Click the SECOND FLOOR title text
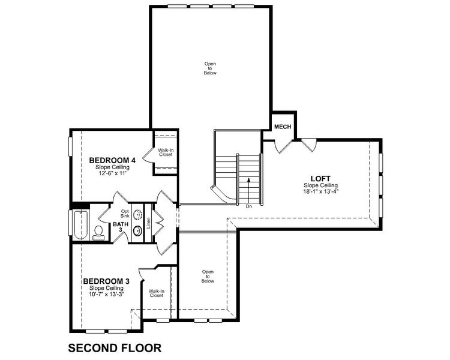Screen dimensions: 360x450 pos(115,347)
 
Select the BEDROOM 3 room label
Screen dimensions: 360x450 pos(106,281)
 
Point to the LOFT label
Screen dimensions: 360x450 pos(320,178)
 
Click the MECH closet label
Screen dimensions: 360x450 pos(283,127)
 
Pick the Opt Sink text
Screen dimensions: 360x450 pos(125,214)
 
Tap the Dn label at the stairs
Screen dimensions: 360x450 pos(248,206)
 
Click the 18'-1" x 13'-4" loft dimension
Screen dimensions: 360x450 pos(321,192)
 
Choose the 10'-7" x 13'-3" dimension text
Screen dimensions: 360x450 pos(106,294)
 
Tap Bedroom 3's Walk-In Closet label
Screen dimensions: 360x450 pos(156,293)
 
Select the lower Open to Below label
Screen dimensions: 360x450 pos(208,276)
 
